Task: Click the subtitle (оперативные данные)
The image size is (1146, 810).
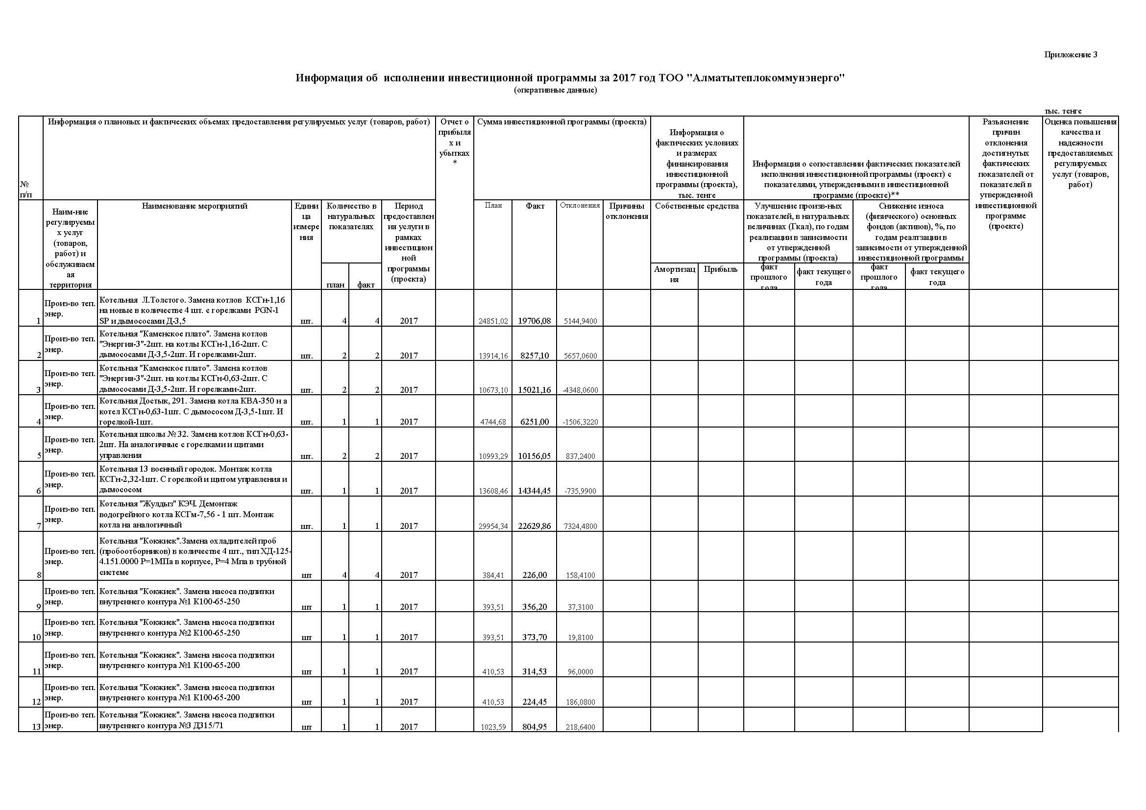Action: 555,90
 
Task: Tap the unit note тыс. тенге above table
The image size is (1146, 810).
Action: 1063,111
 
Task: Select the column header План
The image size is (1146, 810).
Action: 493,206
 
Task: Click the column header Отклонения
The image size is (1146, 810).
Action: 580,206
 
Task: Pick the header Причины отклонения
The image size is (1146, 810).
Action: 627,211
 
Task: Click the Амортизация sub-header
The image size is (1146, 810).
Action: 674,274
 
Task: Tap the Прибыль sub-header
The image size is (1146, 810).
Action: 720,269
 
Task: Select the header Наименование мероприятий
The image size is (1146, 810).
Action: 195,206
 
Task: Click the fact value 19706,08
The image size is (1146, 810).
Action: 534,321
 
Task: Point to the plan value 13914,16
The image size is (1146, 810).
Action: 493,356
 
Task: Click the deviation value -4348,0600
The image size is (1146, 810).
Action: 580,390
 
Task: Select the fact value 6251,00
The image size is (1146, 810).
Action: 534,422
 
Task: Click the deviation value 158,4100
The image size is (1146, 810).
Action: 580,575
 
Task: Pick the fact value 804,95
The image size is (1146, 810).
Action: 534,727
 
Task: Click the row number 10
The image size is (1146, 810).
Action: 36,638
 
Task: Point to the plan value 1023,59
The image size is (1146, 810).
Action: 493,727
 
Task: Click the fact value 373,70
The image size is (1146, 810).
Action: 534,637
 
